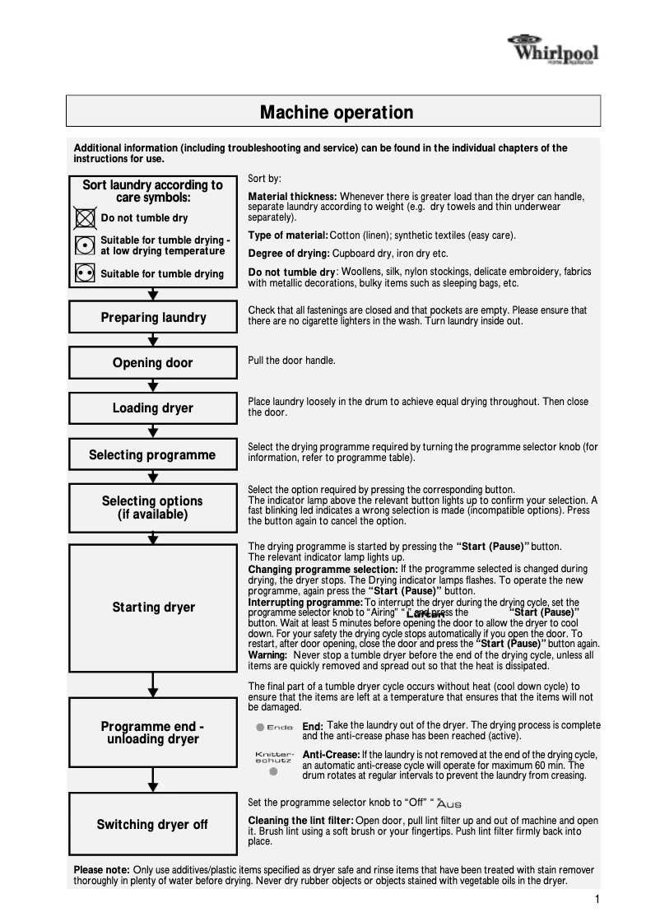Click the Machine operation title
[336, 112]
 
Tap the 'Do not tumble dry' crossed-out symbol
[84, 218]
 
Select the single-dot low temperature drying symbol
[84, 245]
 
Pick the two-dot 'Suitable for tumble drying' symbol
[84, 273]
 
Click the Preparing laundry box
[153, 318]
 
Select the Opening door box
[153, 363]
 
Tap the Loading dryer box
[153, 408]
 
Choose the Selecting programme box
[153, 454]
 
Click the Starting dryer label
[153, 607]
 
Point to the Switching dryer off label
[153, 824]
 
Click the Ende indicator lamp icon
[260, 727]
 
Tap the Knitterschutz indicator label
[274, 757]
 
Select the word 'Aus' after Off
[451, 803]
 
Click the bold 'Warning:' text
[267, 654]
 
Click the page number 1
[597, 900]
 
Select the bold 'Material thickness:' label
[292, 197]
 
